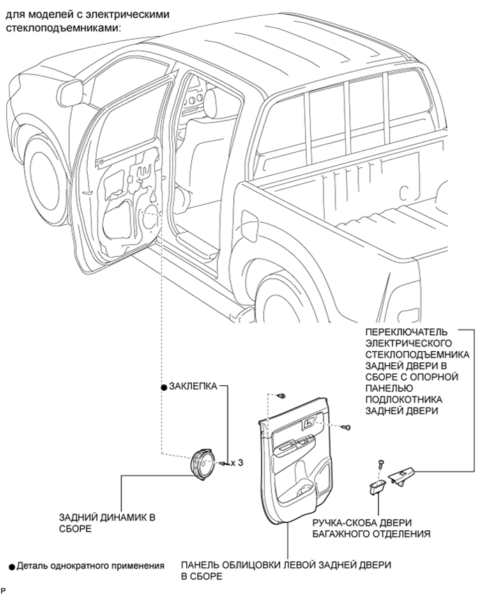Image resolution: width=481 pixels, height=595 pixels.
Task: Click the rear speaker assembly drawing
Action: pos(201,465)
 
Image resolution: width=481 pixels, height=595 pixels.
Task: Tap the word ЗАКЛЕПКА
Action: pos(193,386)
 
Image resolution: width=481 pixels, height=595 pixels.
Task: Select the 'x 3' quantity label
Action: pos(236,463)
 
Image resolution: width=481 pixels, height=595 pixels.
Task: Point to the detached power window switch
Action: pos(402,476)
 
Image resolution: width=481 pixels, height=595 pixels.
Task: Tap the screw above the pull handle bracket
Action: pos(381,464)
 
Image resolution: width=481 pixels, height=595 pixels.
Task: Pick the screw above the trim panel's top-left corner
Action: pos(282,396)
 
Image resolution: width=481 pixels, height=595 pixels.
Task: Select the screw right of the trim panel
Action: pos(346,427)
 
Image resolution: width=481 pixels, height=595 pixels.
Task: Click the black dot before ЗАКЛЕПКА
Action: pos(164,387)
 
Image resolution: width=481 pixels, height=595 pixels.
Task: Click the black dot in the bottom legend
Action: pos(12,567)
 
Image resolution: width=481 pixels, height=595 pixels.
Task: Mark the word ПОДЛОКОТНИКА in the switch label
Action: pos(404,400)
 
